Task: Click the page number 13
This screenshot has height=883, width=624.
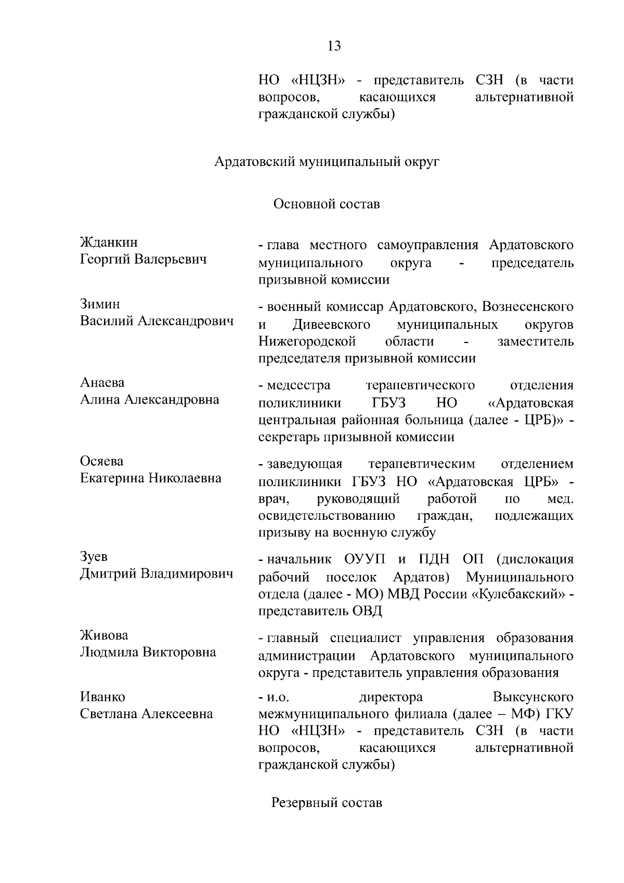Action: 334,46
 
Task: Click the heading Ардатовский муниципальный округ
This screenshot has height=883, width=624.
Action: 327,162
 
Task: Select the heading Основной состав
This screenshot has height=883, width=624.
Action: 327,204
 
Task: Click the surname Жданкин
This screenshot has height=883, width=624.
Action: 109,242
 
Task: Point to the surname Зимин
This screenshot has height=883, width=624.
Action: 100,304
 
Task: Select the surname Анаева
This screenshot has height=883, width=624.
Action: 102,382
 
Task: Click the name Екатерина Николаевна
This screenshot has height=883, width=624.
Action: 151,478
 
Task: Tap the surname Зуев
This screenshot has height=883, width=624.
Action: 94,556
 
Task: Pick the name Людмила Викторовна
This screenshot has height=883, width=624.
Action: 148,652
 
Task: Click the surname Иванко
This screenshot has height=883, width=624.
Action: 102,697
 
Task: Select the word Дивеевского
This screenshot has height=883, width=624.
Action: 331,325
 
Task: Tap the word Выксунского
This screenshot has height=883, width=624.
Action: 533,697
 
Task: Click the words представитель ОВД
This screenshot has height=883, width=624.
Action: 320,611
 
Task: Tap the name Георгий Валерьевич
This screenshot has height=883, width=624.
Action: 144,259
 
